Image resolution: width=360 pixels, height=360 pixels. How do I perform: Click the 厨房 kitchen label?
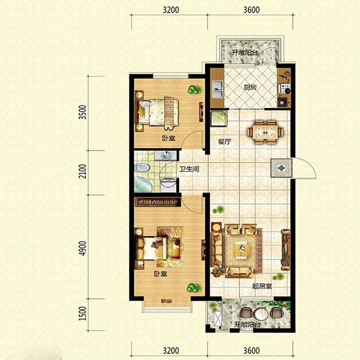250,88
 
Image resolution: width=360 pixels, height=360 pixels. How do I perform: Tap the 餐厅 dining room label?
224,142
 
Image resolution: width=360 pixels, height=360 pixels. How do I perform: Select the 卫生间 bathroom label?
189,169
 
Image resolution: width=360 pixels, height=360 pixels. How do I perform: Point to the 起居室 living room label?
262,286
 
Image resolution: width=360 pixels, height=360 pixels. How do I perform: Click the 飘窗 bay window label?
167,301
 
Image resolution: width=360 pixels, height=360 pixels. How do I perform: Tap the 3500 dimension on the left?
82,112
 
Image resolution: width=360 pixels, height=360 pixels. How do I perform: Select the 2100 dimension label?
82,171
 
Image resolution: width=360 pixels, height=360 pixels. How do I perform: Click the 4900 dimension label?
82,248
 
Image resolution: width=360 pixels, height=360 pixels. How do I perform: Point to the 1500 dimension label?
82,313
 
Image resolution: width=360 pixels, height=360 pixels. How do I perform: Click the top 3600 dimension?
251,10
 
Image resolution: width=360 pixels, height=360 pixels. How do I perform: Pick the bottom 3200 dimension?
171,350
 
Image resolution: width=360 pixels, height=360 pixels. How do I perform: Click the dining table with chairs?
265,132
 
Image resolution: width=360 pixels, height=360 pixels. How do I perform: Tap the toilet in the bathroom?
142,167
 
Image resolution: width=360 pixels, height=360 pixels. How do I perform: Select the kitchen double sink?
217,89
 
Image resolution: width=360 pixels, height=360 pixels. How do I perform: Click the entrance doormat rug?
281,168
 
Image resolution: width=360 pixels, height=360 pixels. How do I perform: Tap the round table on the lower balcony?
261,314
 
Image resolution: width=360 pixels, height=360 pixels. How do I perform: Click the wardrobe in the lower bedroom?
158,202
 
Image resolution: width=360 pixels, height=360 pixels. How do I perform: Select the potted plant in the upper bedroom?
195,89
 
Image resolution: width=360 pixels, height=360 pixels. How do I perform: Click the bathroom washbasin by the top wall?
166,155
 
